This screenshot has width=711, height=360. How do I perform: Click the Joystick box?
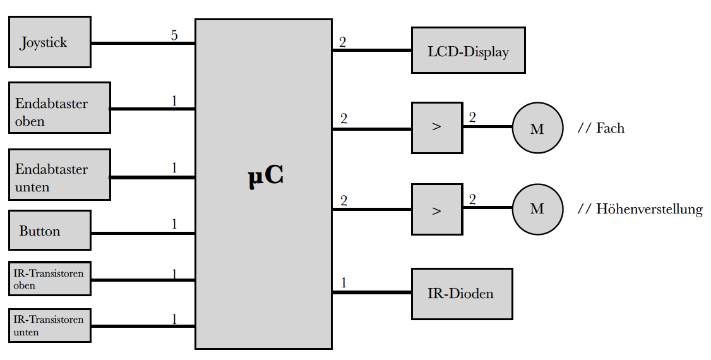click(x=49, y=42)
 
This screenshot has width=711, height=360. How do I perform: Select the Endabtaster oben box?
click(x=59, y=108)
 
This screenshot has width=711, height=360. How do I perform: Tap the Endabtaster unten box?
click(x=59, y=175)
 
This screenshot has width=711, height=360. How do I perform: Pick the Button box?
click(x=49, y=231)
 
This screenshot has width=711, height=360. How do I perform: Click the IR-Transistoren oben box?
click(x=49, y=279)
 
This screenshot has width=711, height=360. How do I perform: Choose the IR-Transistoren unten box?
click(x=49, y=326)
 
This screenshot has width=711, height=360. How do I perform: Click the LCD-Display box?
click(x=468, y=51)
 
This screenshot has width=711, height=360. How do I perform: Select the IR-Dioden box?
click(x=462, y=294)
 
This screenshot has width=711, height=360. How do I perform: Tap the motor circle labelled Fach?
click(x=537, y=128)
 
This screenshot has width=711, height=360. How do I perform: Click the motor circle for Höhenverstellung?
click(x=537, y=208)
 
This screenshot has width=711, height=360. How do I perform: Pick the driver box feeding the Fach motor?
click(x=436, y=128)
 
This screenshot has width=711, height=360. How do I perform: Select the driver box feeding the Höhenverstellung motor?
click(x=436, y=210)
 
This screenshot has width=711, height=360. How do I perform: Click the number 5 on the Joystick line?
click(x=174, y=35)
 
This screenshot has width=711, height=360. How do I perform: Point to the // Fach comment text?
click(x=600, y=128)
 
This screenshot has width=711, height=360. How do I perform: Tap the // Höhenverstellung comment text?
click(x=640, y=209)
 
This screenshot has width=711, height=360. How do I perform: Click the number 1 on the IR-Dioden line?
click(x=344, y=283)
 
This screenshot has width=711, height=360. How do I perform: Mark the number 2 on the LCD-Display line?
click(x=342, y=42)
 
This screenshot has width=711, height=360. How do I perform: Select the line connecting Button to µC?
click(x=143, y=234)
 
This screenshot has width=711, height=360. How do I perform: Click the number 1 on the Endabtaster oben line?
click(x=174, y=100)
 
